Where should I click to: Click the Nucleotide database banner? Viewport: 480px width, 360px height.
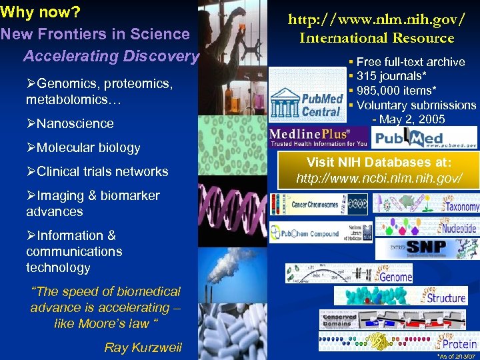tap(427, 227)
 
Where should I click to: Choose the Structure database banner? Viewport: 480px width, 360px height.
tap(401, 295)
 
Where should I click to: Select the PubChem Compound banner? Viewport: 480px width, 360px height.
tap(319, 233)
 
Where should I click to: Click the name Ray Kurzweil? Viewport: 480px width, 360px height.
tap(143, 347)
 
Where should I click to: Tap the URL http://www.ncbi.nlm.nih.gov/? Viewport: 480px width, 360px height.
tap(379, 178)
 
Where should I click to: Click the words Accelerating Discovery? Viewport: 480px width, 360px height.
tap(111, 56)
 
